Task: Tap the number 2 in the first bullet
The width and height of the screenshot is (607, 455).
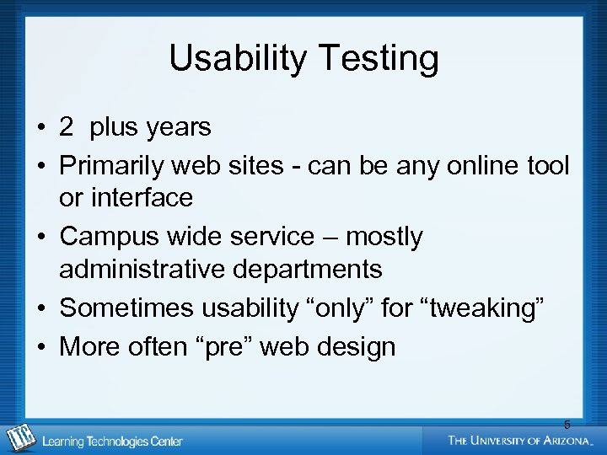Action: pyautogui.click(x=67, y=128)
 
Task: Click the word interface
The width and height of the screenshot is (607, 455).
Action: pyautogui.click(x=138, y=199)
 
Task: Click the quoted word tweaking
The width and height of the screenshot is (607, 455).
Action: pyautogui.click(x=483, y=308)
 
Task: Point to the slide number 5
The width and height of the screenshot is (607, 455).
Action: pyautogui.click(x=567, y=425)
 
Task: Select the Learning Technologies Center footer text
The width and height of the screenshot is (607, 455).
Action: pyautogui.click(x=112, y=441)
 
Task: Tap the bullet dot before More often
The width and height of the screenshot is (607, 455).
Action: pyautogui.click(x=40, y=346)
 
